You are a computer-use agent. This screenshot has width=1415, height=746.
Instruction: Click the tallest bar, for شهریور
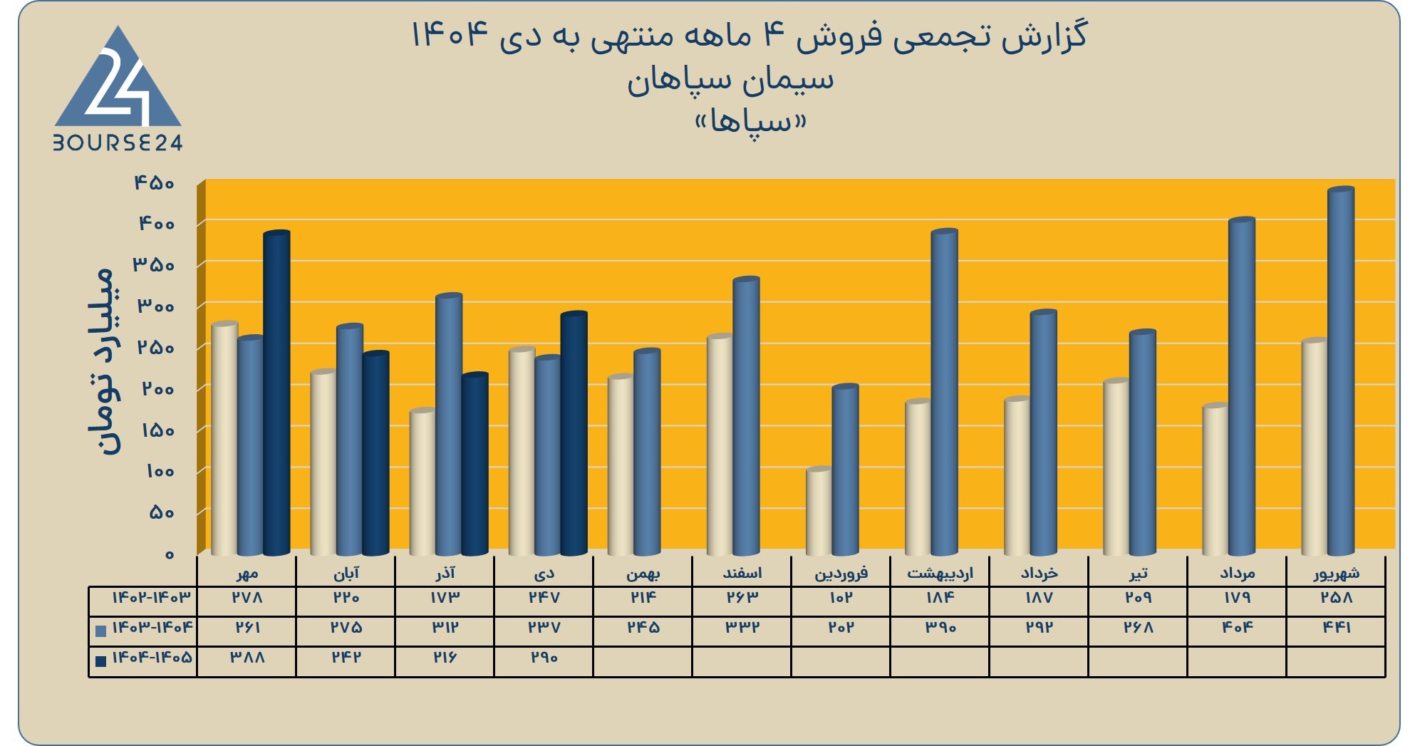coord(1341,371)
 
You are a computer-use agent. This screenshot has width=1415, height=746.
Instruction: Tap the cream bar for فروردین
coord(819,511)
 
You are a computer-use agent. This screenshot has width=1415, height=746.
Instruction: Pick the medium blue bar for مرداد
coord(1242,386)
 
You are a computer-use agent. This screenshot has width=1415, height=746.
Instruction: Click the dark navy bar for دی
coord(574,433)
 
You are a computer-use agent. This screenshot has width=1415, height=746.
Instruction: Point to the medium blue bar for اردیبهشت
coord(945,392)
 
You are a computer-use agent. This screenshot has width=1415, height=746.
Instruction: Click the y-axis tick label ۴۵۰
coord(154,183)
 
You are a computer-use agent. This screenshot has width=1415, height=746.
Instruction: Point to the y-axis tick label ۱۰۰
coord(160,471)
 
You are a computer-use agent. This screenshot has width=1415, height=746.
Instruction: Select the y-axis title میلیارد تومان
coord(102,361)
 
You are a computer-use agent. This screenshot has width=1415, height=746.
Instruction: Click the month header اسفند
coord(742,573)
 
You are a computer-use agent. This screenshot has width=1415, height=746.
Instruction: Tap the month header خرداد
coord(1039,573)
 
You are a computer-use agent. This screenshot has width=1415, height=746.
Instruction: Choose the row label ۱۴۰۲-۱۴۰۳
coord(152,597)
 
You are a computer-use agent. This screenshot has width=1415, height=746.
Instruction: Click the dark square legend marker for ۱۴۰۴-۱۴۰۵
coord(100,660)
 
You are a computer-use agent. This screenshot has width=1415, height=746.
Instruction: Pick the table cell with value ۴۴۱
coord(1337,627)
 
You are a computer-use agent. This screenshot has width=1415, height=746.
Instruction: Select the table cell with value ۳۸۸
coord(247,657)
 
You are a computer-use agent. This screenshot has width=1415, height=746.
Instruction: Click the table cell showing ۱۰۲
coord(841,597)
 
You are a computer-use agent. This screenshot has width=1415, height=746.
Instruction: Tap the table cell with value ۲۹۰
coord(544,657)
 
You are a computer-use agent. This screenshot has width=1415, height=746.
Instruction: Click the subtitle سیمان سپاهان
coord(730,79)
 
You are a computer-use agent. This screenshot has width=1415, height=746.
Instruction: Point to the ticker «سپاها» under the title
coord(750,122)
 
